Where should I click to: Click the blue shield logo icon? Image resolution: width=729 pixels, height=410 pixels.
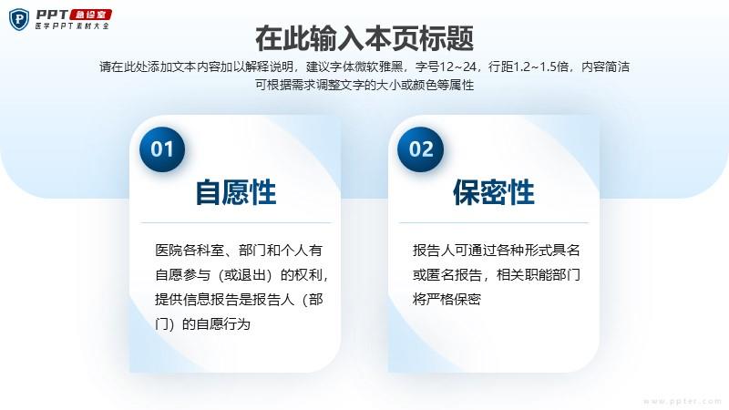pyautogui.click(x=19, y=19)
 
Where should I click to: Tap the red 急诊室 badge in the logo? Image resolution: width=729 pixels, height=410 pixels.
pyautogui.click(x=90, y=15)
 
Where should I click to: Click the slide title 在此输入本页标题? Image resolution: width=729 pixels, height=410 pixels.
pyautogui.click(x=364, y=38)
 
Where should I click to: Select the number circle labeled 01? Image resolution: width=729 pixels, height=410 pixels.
pyautogui.click(x=162, y=149)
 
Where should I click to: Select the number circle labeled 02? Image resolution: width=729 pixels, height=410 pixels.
pyautogui.click(x=421, y=149)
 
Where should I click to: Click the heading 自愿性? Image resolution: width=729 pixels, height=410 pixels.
pyautogui.click(x=236, y=192)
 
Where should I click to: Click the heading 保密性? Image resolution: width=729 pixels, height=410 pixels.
pyautogui.click(x=494, y=192)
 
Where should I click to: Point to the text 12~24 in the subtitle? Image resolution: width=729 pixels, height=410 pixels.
pyautogui.click(x=457, y=67)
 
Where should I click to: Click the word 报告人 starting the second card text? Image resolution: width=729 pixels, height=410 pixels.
pyautogui.click(x=434, y=251)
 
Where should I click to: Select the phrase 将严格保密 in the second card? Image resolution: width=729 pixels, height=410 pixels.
pyautogui.click(x=447, y=300)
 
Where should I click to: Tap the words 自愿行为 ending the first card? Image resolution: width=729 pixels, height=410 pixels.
pyautogui.click(x=223, y=324)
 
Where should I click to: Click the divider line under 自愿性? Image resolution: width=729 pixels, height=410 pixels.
pyautogui.click(x=236, y=223)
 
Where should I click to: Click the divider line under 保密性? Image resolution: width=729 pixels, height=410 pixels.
pyautogui.click(x=494, y=223)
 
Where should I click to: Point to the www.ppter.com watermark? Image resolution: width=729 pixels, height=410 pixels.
pyautogui.click(x=683, y=401)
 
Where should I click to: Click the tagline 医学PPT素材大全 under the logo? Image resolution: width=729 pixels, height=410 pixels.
pyautogui.click(x=72, y=26)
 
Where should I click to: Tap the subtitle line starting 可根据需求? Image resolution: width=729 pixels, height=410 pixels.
pyautogui.click(x=364, y=85)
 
